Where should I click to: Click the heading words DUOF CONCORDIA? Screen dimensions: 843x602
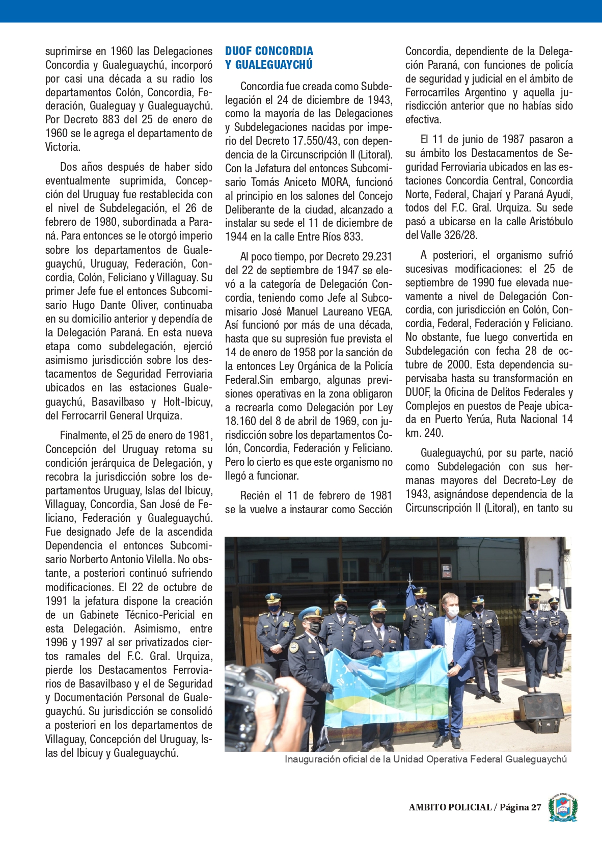(x=269, y=51)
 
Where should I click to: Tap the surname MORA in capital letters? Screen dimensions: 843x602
(x=336, y=182)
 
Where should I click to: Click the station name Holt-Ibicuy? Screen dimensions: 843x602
(x=187, y=402)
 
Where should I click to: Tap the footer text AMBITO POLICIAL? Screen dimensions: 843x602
(x=450, y=807)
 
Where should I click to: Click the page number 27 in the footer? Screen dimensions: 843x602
(x=536, y=807)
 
